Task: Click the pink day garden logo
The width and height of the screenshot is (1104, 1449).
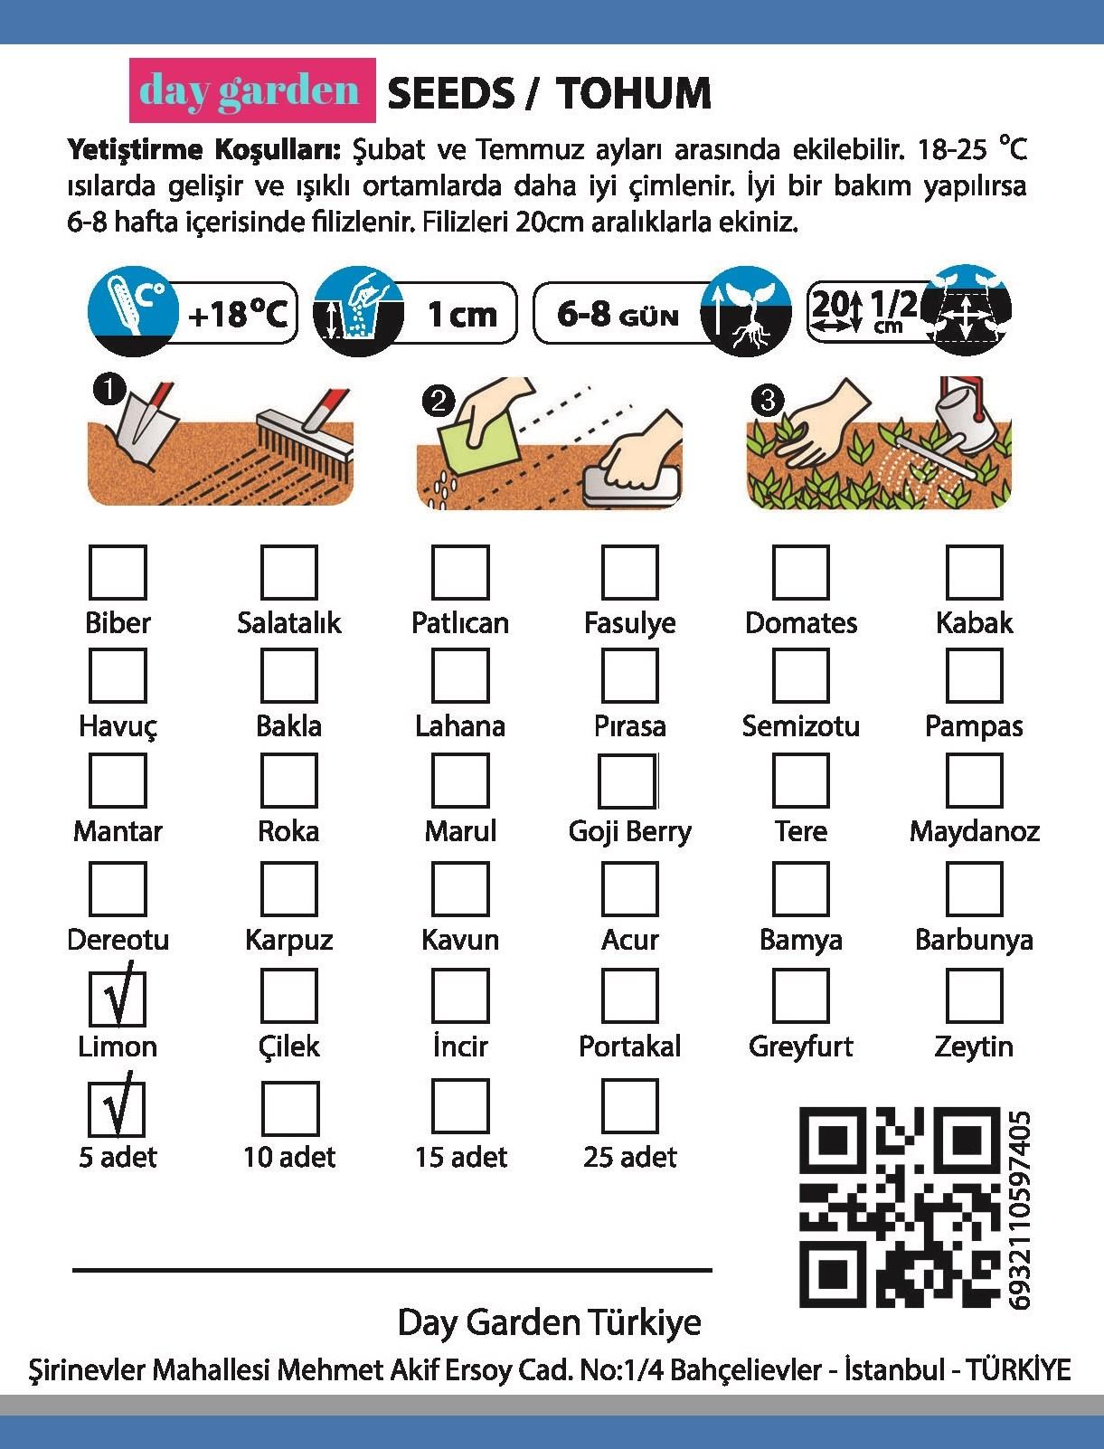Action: pyautogui.click(x=252, y=90)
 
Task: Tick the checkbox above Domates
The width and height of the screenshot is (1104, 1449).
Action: pyautogui.click(x=800, y=572)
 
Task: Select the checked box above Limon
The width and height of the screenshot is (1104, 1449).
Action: pyautogui.click(x=118, y=996)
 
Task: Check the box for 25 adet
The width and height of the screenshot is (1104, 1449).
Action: pyautogui.click(x=629, y=1106)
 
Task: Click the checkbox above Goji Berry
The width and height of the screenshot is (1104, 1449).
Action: pyautogui.click(x=627, y=781)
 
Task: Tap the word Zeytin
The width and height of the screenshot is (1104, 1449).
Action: pyautogui.click(x=973, y=1047)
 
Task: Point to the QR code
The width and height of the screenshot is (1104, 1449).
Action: pyautogui.click(x=900, y=1207)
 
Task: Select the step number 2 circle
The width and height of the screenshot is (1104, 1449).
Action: pyautogui.click(x=439, y=402)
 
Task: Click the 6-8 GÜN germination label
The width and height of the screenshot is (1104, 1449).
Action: pyautogui.click(x=618, y=314)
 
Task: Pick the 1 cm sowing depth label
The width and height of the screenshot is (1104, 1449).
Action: pyautogui.click(x=462, y=314)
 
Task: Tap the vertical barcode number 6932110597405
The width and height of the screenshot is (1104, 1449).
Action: pyautogui.click(x=1019, y=1209)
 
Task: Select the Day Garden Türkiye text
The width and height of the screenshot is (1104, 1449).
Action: pyautogui.click(x=549, y=1322)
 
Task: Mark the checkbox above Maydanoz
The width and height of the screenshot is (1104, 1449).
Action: pyautogui.click(x=974, y=781)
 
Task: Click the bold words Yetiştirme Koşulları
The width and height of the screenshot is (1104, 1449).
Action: pyautogui.click(x=204, y=150)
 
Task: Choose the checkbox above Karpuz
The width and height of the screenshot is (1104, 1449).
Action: pyautogui.click(x=289, y=888)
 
